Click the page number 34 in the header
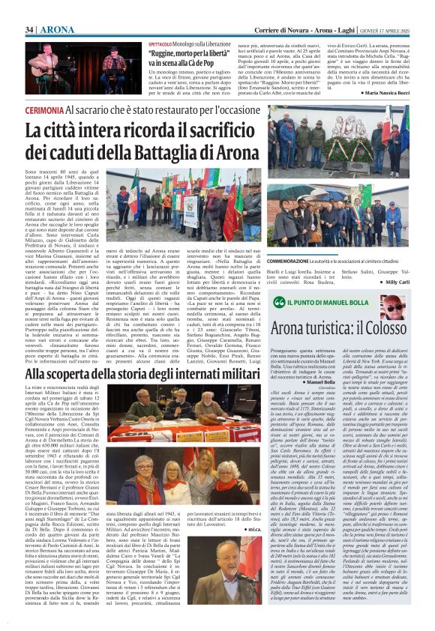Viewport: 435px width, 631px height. point(29,8)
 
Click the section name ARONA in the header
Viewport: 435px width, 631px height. point(57,8)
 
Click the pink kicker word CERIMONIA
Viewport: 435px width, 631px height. point(43,109)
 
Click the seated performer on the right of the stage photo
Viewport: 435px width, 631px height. point(112,67)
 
